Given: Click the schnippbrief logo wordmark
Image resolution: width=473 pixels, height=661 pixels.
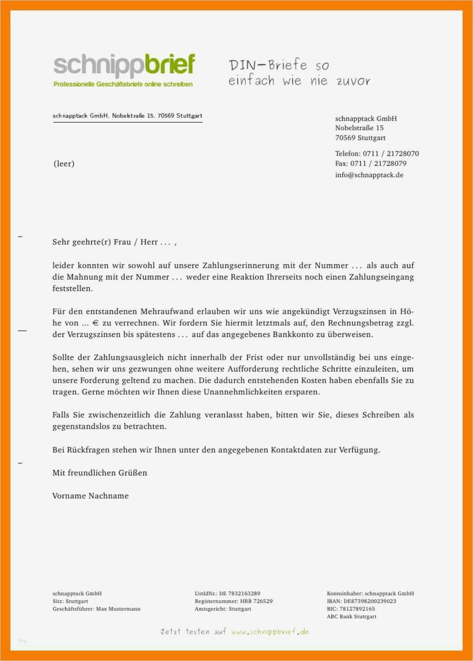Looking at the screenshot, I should tap(124, 65).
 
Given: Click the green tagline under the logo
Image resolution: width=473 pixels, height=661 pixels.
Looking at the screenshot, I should tap(123, 84).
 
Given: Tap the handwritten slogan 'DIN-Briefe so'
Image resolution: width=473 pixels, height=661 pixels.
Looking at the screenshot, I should tap(279, 66).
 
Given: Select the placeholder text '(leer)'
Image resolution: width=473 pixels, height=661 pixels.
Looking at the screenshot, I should tap(64, 164).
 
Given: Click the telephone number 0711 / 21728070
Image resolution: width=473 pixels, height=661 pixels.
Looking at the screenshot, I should tap(391, 153).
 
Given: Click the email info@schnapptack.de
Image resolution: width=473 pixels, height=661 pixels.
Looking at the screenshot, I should tap(369, 175).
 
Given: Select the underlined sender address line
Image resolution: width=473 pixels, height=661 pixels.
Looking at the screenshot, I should tap(128, 116).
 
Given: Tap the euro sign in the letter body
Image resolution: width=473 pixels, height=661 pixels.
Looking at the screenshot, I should tap(95, 323).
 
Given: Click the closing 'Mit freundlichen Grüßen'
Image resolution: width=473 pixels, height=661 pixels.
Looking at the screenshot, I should tap(99, 473).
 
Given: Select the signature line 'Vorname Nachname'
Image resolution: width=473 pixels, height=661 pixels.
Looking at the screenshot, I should tap(90, 496).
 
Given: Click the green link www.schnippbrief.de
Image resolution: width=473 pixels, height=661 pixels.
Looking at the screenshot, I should tap(270, 632).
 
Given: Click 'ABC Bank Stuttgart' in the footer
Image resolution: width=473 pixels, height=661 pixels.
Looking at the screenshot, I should tap(351, 617).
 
